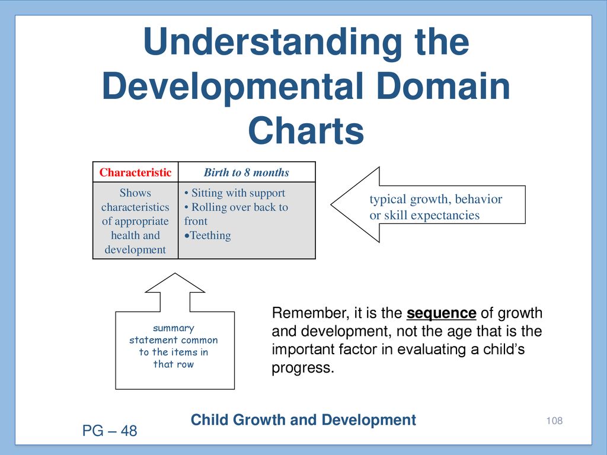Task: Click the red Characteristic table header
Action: coord(135,172)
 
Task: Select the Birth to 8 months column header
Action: coord(247,172)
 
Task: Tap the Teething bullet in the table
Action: coord(208,235)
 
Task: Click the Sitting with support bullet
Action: coord(235,193)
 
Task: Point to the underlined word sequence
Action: coord(441,313)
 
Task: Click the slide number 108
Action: coord(554,421)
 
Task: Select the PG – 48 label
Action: coord(110,431)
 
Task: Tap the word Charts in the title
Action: coord(306,130)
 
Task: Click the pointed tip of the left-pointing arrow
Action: coord(331,204)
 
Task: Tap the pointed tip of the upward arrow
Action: coord(175,274)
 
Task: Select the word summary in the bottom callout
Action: coord(174,328)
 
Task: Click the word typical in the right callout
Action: coord(388,200)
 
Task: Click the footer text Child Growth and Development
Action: coord(303,420)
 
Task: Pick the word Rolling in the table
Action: coord(209,207)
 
